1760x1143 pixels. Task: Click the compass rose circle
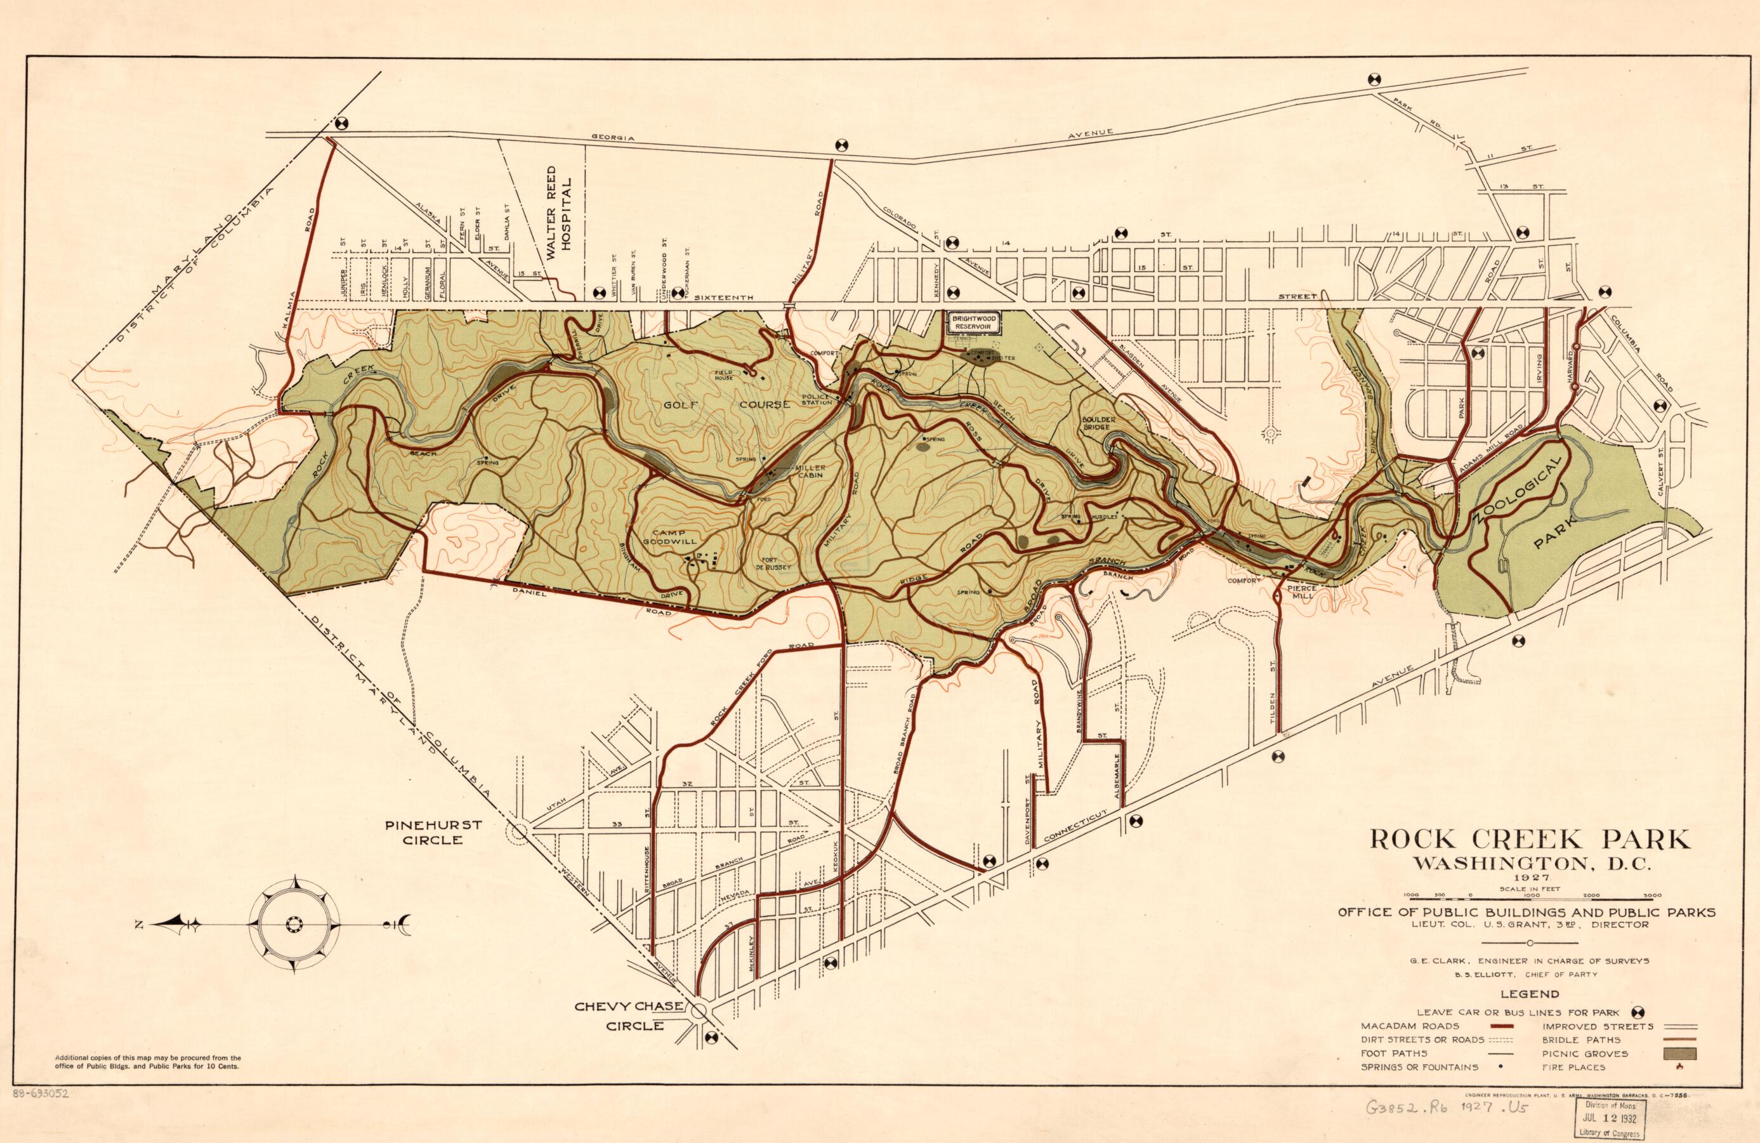coord(295,924)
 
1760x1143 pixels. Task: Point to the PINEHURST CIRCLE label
coord(433,831)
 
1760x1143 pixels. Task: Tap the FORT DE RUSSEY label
coord(773,562)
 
